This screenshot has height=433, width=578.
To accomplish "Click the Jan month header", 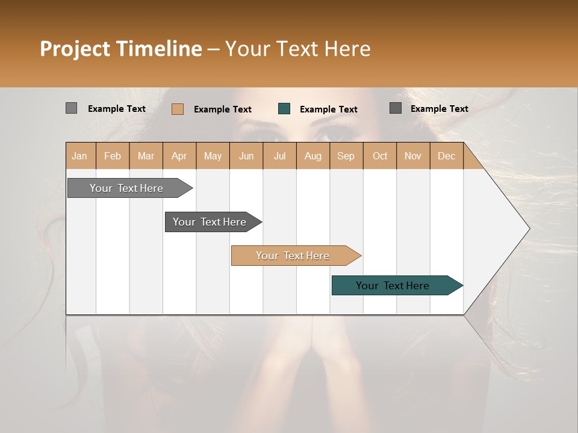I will [80, 156].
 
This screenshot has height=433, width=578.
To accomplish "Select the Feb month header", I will [113, 156].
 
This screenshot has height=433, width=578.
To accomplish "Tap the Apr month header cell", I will [179, 156].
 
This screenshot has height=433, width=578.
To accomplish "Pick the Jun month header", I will [246, 156].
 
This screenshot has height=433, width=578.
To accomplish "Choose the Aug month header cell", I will [312, 156].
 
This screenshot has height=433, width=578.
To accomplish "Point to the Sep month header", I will [346, 156].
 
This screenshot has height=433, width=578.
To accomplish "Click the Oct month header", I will [380, 156].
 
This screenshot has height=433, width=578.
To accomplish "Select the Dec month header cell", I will [446, 156].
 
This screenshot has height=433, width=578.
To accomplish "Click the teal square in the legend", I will [284, 109].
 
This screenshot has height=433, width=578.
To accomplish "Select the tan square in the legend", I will [178, 109].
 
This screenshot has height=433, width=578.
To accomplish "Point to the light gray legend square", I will [71, 108].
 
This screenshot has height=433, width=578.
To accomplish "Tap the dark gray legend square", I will [396, 108].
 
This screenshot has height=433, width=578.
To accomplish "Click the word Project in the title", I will [75, 49].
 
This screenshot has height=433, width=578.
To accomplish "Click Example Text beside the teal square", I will [328, 109].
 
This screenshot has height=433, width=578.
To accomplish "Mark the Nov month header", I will [413, 156].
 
